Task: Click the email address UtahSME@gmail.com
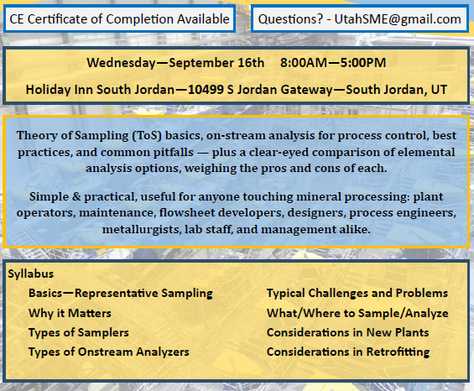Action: click(x=398, y=19)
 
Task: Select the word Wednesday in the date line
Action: click(x=121, y=63)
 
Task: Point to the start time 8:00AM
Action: click(x=304, y=63)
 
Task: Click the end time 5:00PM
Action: click(x=363, y=63)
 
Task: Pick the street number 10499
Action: click(x=206, y=90)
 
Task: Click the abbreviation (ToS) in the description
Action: click(x=147, y=135)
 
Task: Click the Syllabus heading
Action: click(x=31, y=274)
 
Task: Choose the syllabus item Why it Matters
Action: click(x=70, y=313)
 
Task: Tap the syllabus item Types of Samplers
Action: click(x=79, y=332)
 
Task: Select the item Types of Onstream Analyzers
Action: click(x=109, y=352)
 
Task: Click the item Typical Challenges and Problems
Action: click(x=357, y=293)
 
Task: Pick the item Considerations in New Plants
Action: click(x=347, y=332)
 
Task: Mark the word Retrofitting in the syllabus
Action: click(x=398, y=352)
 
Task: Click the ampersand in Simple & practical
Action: click(x=76, y=197)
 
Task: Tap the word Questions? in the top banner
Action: click(x=290, y=19)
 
